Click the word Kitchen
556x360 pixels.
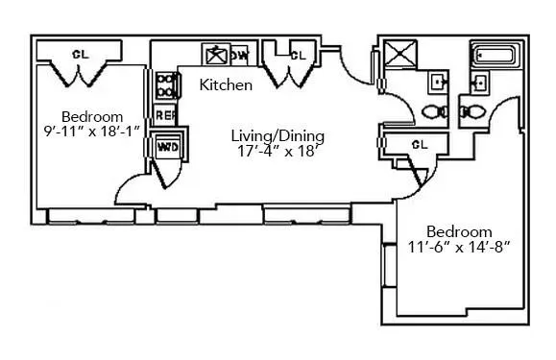point(226,85)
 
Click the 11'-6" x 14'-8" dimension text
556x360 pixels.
point(459,247)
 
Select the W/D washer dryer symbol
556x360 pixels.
point(167,148)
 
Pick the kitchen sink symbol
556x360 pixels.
point(214,54)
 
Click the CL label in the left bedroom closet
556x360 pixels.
point(81,55)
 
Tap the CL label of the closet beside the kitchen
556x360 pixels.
point(298,56)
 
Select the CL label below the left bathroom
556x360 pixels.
point(418,145)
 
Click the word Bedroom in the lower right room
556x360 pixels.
point(459,231)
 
